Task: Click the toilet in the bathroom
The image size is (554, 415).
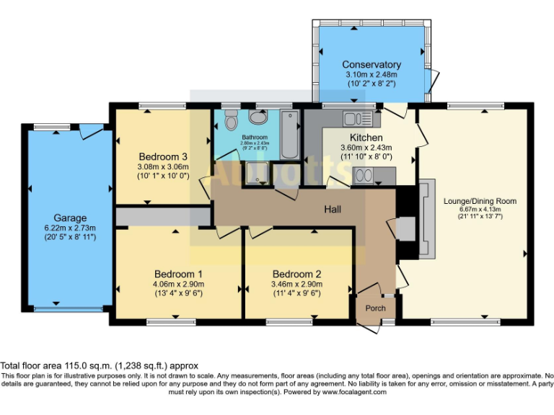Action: [231, 121]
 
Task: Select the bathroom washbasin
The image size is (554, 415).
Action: [257, 117]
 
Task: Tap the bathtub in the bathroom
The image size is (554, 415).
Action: [289, 135]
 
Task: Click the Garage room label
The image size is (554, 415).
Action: [70, 218]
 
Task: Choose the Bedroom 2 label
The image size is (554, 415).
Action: [296, 274]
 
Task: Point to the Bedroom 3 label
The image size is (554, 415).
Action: [164, 156]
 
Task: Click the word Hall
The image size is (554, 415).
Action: [332, 209]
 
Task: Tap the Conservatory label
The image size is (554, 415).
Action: [371, 65]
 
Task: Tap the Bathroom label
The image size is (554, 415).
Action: [255, 137]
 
